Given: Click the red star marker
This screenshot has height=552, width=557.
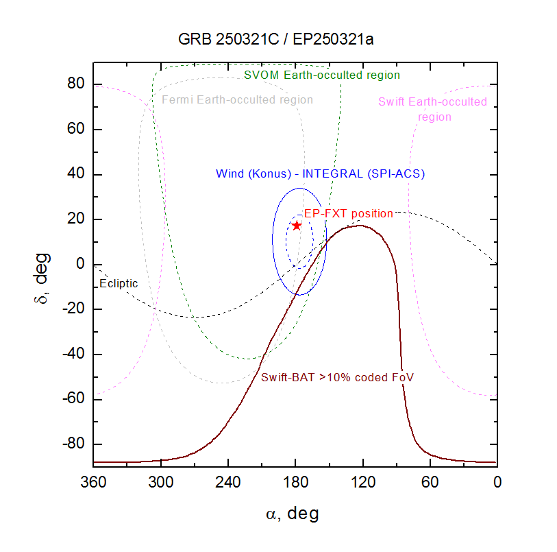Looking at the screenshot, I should (x=297, y=225).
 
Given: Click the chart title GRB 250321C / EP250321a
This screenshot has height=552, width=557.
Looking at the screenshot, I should (x=276, y=39).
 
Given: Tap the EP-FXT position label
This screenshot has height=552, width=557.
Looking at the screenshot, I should (x=349, y=213).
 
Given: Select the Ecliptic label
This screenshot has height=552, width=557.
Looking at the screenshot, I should (x=119, y=283).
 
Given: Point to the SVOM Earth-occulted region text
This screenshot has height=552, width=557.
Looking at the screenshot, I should (x=322, y=75).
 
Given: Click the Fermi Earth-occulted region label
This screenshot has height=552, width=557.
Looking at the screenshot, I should (x=237, y=100).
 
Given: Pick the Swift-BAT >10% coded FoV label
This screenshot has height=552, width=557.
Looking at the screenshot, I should (x=337, y=377).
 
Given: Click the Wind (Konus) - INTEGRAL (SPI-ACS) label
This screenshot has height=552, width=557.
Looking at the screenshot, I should (x=320, y=173).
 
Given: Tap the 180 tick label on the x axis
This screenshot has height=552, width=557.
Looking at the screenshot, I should (x=296, y=482).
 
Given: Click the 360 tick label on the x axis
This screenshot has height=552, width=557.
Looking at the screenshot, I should (x=94, y=482).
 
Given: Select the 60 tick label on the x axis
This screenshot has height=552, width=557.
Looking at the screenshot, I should (x=430, y=482).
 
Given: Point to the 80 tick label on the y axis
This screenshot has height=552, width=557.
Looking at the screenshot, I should (x=75, y=84).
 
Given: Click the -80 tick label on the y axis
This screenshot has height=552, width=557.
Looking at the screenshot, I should (x=72, y=444).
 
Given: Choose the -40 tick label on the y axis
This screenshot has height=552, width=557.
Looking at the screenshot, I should (x=72, y=355).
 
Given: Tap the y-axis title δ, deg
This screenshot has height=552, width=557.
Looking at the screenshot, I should (x=44, y=265).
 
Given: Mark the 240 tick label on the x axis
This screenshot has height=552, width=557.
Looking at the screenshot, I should (x=228, y=482).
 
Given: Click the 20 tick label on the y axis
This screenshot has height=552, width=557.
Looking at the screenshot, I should (x=75, y=219).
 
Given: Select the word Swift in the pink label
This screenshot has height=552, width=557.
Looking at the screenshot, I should (x=393, y=102).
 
